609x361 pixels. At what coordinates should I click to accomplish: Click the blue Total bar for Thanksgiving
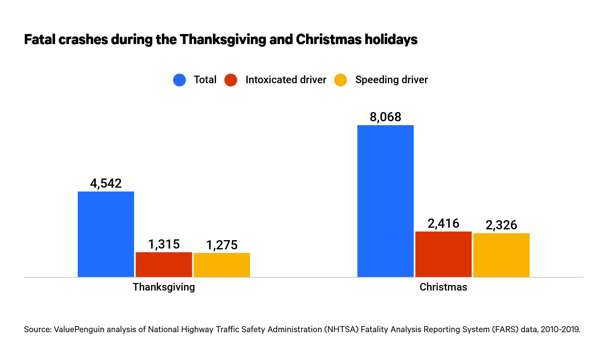coord(106,234)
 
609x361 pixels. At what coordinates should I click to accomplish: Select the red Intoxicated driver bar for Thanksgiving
coord(164,265)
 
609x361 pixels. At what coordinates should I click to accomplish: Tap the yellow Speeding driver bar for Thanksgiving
coord(222,265)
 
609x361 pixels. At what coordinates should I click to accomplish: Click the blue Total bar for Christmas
coord(385,201)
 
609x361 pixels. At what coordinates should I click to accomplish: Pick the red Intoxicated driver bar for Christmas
coord(443,254)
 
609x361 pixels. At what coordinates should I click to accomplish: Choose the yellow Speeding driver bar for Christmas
coord(501,255)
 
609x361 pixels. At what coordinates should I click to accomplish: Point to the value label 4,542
coord(106,183)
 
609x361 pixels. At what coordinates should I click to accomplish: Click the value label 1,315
coord(164,244)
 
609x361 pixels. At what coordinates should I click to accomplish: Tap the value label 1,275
coord(222,245)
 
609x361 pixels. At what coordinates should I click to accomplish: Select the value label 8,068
coord(385,117)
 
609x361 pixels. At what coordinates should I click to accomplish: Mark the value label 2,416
coord(443,223)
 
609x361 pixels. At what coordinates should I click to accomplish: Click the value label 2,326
coord(501,225)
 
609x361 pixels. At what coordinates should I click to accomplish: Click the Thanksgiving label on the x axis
coord(164,287)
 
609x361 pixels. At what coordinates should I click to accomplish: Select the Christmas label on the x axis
coord(443,287)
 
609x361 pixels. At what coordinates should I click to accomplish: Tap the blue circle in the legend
coord(179,80)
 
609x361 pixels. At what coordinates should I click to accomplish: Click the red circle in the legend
coord(231,80)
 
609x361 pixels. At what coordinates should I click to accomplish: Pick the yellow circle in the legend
coord(341,80)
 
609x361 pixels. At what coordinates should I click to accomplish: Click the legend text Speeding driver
coord(391,80)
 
